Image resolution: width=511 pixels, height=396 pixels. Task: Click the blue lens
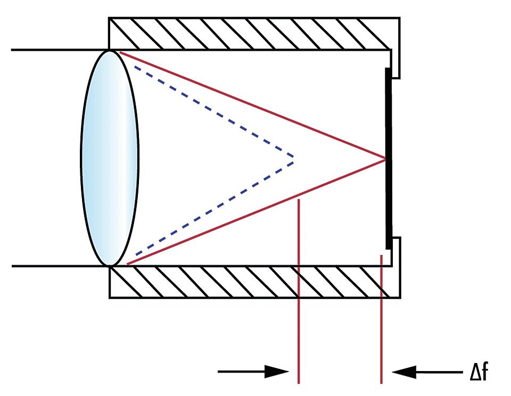pos(110,158)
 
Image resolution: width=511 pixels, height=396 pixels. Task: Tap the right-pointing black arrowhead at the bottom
pos(280,372)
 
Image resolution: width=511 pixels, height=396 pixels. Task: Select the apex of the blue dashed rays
pos(293,158)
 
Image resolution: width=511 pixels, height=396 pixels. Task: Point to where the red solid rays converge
pos(384,158)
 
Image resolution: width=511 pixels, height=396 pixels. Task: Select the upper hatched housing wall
pos(250,34)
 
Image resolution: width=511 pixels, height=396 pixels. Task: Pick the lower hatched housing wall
pos(250,282)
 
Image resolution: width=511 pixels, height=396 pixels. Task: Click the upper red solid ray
pos(250,104)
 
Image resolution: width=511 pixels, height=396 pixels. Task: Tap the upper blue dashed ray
pos(213,112)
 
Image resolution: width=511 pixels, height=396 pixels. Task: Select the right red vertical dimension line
pos(382,319)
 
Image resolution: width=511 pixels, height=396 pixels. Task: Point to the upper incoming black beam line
pos(53,50)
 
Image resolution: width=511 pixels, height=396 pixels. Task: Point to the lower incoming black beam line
pos(53,265)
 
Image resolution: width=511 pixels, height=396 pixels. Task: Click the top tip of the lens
pos(110,51)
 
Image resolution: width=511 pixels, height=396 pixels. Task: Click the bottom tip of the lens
pos(110,265)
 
